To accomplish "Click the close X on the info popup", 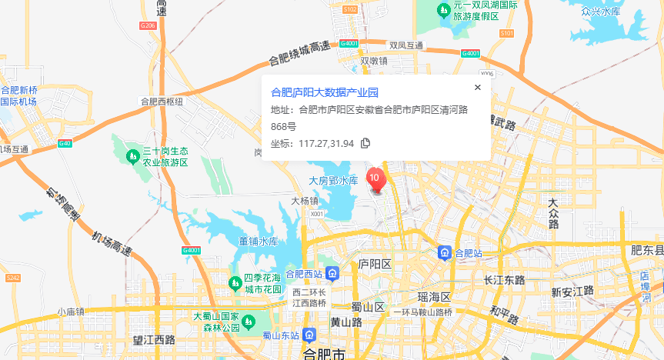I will (478, 87).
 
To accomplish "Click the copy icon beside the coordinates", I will (365, 143).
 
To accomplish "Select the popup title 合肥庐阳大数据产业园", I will (325, 92).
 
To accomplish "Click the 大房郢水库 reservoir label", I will (333, 181).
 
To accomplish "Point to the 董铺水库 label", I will (258, 241).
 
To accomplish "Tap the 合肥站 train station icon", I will (445, 252).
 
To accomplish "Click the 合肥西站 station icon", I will (332, 273).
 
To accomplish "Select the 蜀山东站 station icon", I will (309, 335).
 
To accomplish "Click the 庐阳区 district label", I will (375, 264).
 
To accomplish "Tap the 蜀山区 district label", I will (367, 307).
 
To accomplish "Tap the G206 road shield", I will (148, 25).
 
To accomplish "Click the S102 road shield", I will (350, 9).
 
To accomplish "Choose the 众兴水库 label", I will (601, 12).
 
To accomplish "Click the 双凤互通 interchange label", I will (406, 45).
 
